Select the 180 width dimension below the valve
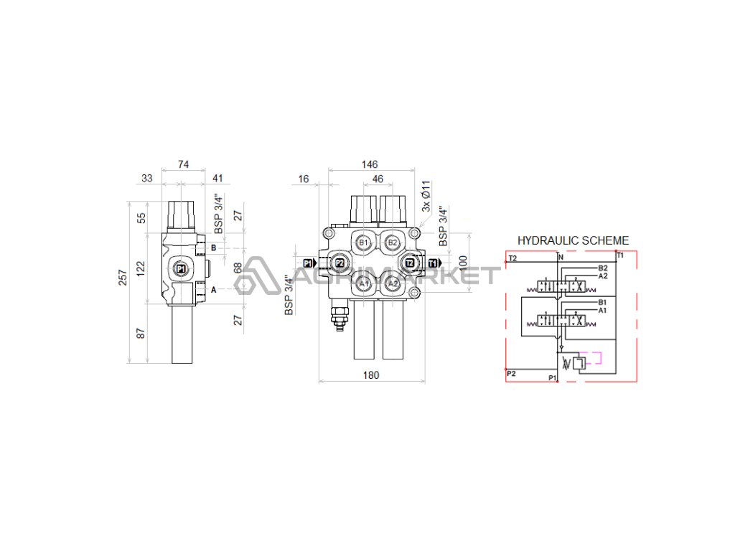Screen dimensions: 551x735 (x=370, y=375)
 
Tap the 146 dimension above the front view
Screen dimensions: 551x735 (x=370, y=165)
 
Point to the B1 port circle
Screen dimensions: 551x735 (x=363, y=242)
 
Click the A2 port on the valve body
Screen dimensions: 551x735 (x=393, y=284)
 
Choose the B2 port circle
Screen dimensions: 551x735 (x=393, y=242)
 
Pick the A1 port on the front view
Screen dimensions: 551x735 (x=363, y=284)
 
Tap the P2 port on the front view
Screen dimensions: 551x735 (x=340, y=263)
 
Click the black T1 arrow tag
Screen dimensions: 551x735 (x=433, y=263)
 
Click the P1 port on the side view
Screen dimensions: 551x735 (x=180, y=269)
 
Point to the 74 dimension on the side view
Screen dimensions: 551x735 (x=183, y=165)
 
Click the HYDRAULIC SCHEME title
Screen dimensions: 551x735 (x=573, y=241)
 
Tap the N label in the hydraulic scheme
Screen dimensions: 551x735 (x=561, y=257)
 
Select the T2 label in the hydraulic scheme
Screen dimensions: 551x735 (x=512, y=257)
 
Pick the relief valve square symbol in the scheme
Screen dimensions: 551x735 (x=579, y=364)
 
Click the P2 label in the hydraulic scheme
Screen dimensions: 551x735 (x=511, y=374)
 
